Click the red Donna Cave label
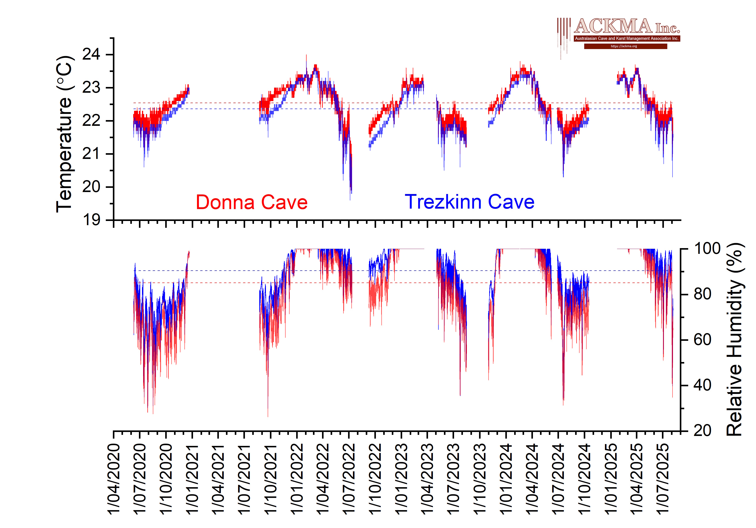point(252,202)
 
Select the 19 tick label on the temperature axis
point(91,220)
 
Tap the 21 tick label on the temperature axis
point(91,154)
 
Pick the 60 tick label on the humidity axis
point(702,340)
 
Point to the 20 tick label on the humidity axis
point(702,431)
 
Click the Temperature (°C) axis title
point(64,134)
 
